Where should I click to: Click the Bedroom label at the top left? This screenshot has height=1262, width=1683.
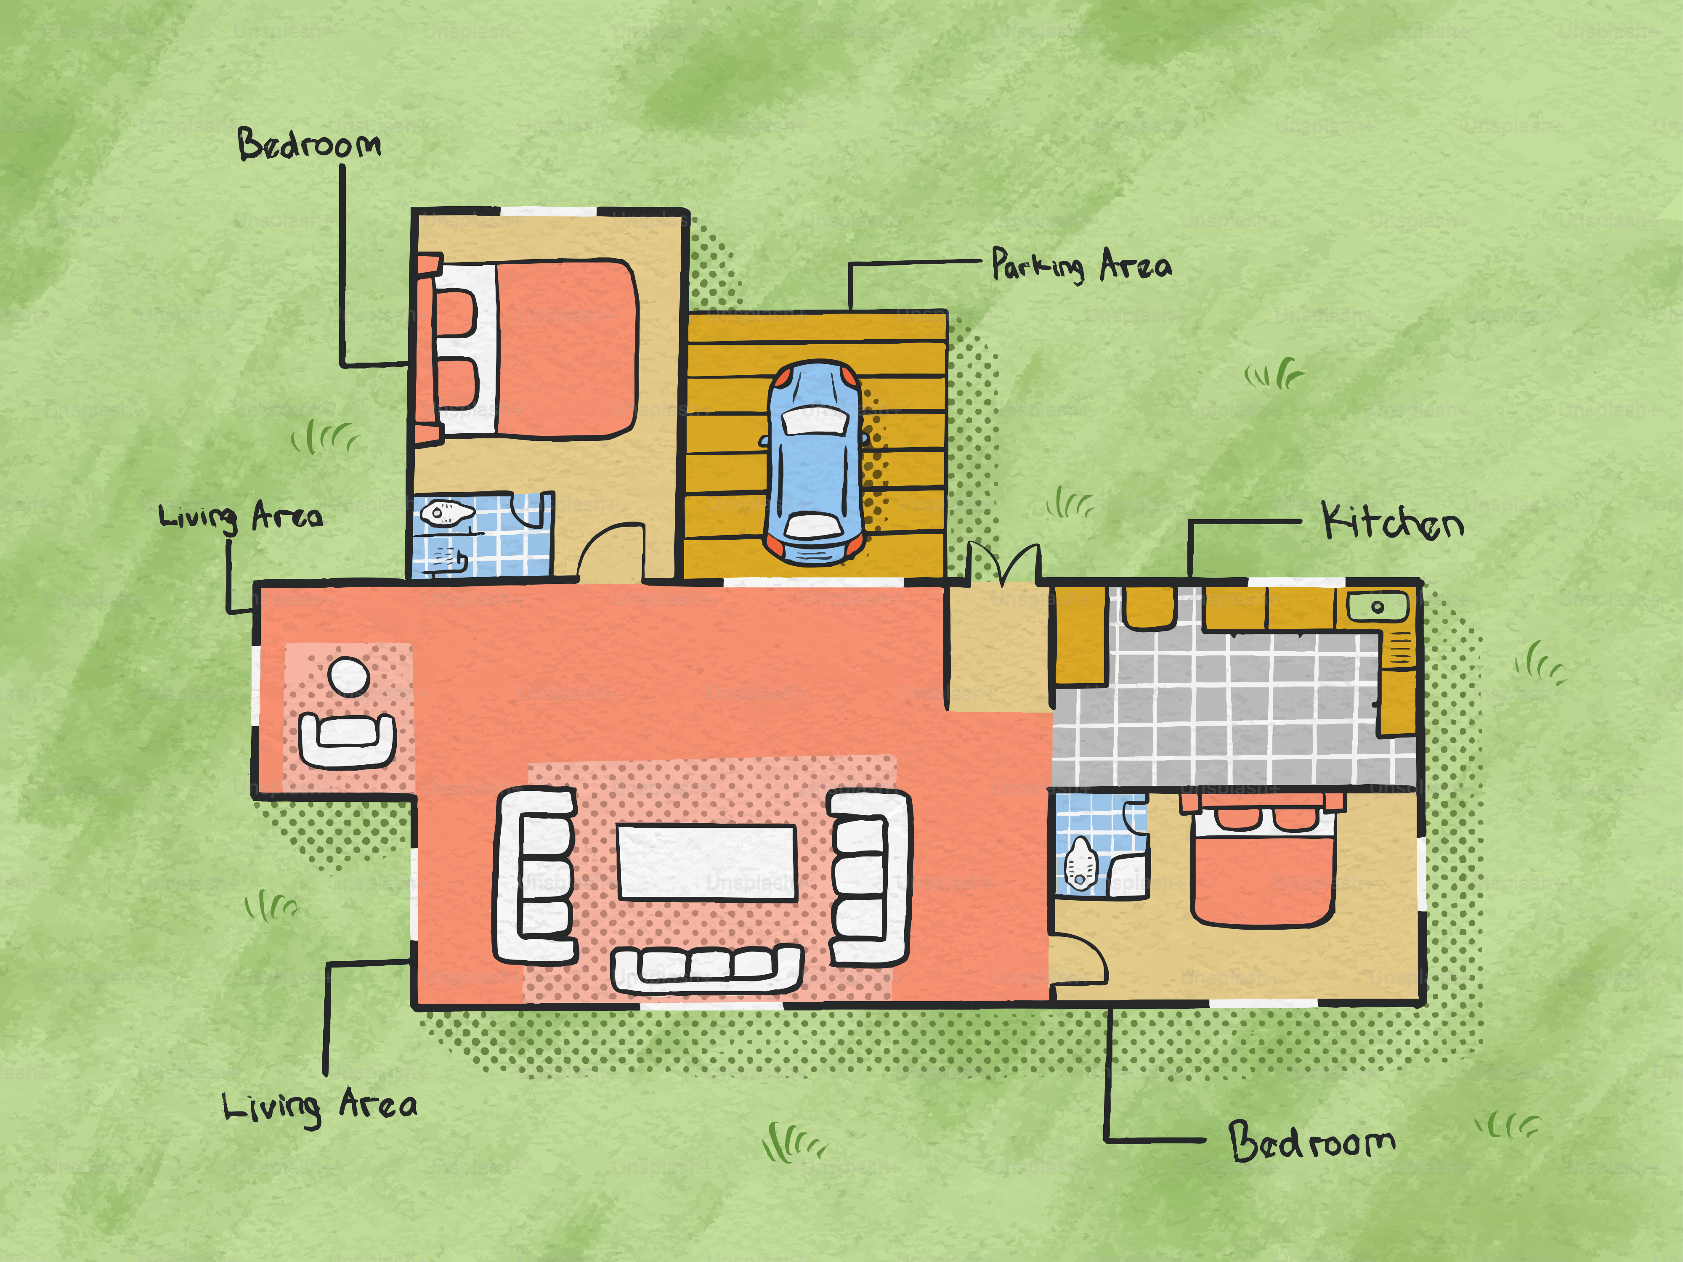(x=309, y=144)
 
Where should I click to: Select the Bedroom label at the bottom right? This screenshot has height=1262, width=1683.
(x=1312, y=1141)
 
